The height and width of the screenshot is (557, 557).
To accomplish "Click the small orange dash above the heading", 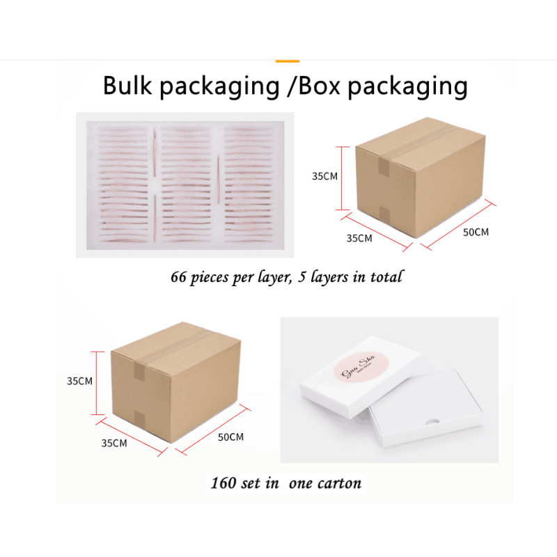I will (287, 61).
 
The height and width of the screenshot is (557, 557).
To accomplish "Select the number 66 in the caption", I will (180, 276).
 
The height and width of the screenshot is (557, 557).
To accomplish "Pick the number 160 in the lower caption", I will (224, 483).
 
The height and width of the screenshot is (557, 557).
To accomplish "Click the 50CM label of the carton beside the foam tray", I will (476, 231).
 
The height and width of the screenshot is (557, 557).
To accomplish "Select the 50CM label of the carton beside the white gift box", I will (230, 437).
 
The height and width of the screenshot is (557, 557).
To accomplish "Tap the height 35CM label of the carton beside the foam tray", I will (324, 177).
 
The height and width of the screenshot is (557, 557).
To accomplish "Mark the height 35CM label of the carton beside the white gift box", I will (79, 381).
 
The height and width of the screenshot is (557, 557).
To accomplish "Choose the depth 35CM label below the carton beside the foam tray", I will (359, 238).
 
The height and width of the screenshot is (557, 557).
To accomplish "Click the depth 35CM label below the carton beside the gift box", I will (114, 443).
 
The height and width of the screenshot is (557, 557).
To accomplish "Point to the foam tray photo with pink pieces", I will (185, 185).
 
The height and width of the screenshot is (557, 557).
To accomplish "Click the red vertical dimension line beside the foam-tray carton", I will (342, 178).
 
